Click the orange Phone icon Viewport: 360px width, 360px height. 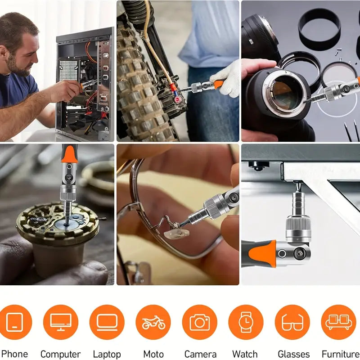(15, 322)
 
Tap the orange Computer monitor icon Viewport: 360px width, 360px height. (61, 322)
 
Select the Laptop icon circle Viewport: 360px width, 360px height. (107, 322)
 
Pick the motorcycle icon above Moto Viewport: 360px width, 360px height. (153, 322)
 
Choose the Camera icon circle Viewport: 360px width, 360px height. (199, 322)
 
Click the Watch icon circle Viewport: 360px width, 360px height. (246, 322)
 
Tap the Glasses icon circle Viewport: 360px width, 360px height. (292, 322)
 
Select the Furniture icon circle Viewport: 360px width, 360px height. (338, 322)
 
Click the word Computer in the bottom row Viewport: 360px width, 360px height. (61, 354)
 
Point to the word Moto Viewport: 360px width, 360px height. (153, 354)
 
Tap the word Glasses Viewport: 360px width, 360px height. (293, 354)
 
